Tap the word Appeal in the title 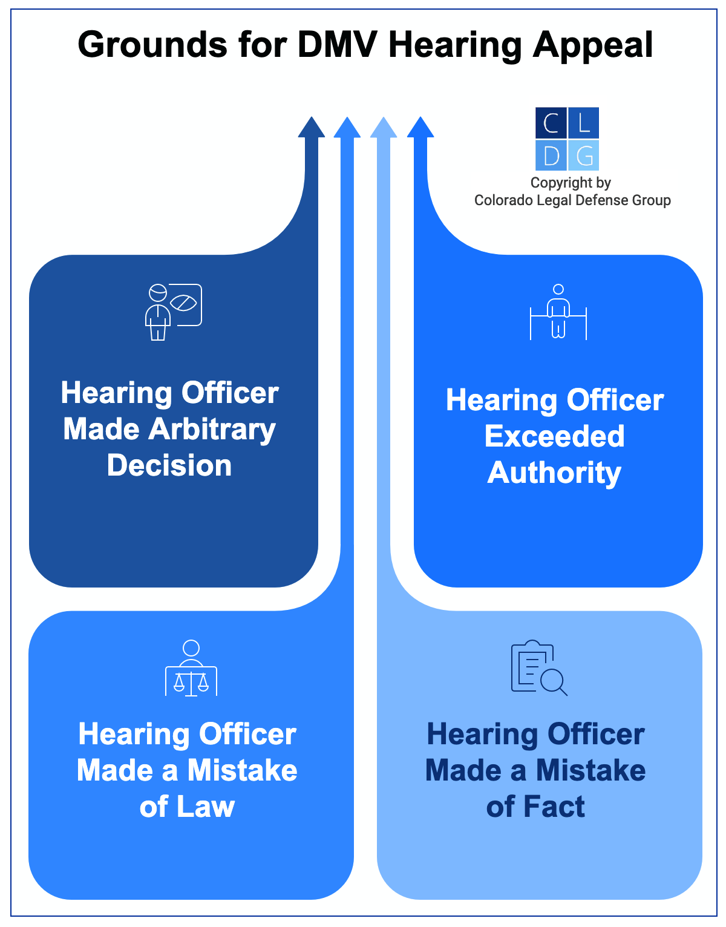592,46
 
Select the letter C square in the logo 551,123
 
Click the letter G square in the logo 584,156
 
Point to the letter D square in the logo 551,156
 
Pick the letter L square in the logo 584,123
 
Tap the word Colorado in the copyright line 500,200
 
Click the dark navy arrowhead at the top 312,128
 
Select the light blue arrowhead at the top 384,128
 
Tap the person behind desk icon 558,312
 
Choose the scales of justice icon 191,668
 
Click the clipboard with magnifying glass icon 538,668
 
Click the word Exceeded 554,436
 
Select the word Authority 554,473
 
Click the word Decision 169,465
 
